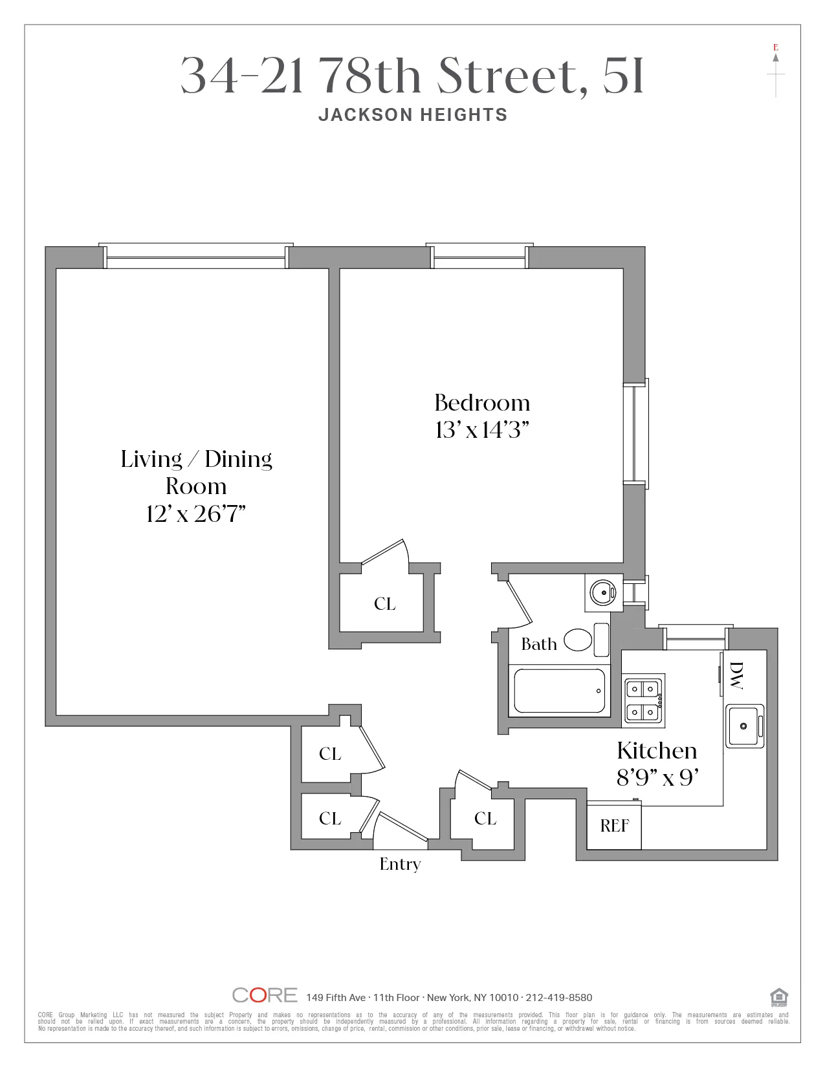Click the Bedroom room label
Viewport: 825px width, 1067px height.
pos(482,403)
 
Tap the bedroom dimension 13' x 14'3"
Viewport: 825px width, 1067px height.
pos(482,430)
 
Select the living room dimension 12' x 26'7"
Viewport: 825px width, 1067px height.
pos(195,514)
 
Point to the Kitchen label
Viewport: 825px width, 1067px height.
pos(657,751)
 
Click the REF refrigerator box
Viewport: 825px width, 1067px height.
pos(614,826)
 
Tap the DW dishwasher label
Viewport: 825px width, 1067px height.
pos(736,675)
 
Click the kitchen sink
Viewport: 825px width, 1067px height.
pos(744,726)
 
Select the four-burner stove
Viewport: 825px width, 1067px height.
pos(644,700)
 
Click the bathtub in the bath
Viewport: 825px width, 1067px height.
pos(559,691)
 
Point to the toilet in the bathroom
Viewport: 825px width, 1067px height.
pos(586,640)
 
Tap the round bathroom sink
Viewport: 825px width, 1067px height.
pos(602,592)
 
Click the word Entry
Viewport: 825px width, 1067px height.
pos(400,864)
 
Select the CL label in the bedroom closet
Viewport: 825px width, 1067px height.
pos(385,604)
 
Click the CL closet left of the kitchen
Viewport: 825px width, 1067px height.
pos(485,819)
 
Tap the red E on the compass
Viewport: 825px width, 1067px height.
pos(776,47)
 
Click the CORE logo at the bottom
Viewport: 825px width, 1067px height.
pos(265,995)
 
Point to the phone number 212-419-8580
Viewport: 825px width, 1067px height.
pos(559,998)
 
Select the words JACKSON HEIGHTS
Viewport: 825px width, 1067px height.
pos(413,115)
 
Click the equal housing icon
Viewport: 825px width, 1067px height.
pos(778,997)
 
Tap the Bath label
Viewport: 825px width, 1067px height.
pos(539,644)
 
